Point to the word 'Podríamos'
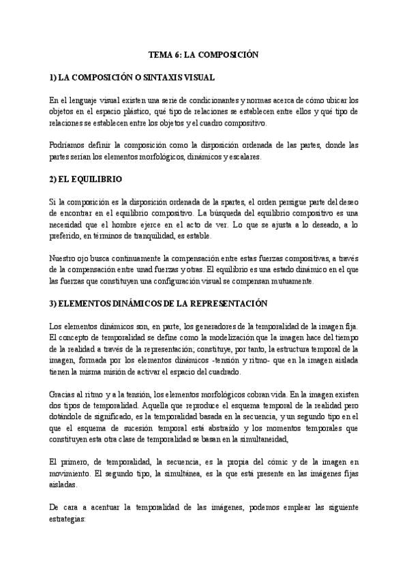click(68, 145)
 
